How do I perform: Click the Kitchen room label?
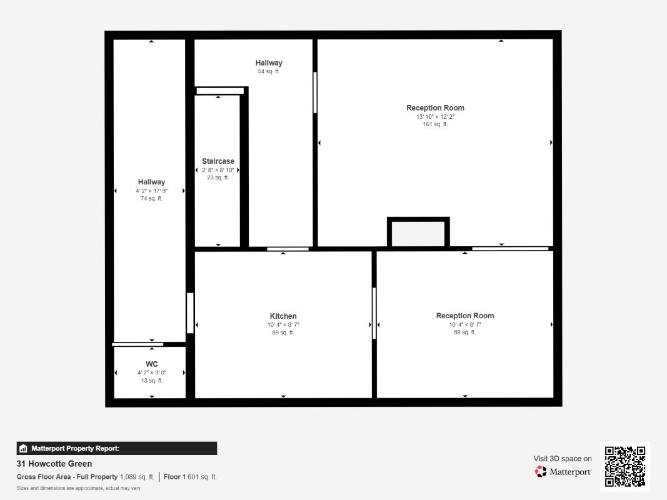(283, 316)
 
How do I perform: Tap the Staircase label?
(218, 161)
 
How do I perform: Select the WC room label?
(152, 364)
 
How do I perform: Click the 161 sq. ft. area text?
(435, 124)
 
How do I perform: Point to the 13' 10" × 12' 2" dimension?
(435, 116)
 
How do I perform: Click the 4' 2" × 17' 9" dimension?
(151, 191)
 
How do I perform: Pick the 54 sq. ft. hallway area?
(268, 71)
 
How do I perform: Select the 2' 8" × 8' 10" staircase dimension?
(218, 170)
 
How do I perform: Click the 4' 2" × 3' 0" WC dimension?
(152, 372)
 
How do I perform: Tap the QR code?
(625, 466)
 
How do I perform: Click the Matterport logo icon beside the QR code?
(541, 471)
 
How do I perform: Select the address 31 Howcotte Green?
(54, 463)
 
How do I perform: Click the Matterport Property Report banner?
(116, 448)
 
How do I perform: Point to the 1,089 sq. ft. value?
(137, 477)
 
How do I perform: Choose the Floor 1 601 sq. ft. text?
(190, 477)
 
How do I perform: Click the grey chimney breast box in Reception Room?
(418, 232)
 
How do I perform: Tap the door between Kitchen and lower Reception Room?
(374, 313)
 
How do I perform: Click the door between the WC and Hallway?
(138, 344)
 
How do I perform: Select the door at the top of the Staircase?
(220, 91)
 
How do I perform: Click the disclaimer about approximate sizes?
(78, 488)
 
